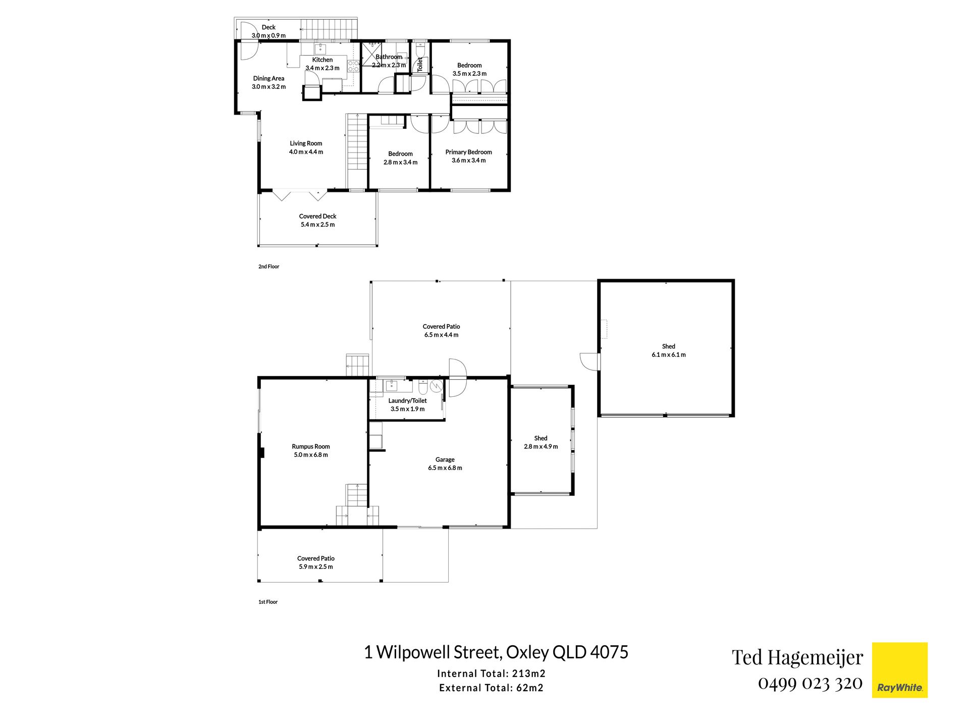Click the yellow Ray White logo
pyautogui.click(x=899, y=670)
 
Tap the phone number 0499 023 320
pyautogui.click(x=810, y=684)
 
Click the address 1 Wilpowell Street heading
pyautogui.click(x=496, y=652)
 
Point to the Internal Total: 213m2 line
pyautogui.click(x=491, y=673)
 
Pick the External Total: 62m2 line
pyautogui.click(x=491, y=688)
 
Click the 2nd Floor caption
pyautogui.click(x=268, y=267)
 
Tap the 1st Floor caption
pyautogui.click(x=268, y=602)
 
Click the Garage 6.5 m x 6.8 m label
pyautogui.click(x=445, y=463)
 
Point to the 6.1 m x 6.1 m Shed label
pyautogui.click(x=669, y=350)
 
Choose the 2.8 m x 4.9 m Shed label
pyautogui.click(x=541, y=442)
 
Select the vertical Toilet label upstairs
pyautogui.click(x=420, y=64)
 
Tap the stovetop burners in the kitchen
pyautogui.click(x=353, y=66)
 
